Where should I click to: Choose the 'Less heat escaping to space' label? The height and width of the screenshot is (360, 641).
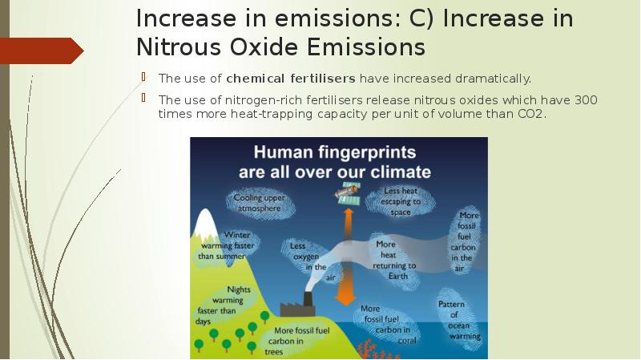coord(401,201)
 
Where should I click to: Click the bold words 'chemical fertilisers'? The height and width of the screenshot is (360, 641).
coord(291,79)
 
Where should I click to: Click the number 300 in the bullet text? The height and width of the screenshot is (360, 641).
coord(587,100)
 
